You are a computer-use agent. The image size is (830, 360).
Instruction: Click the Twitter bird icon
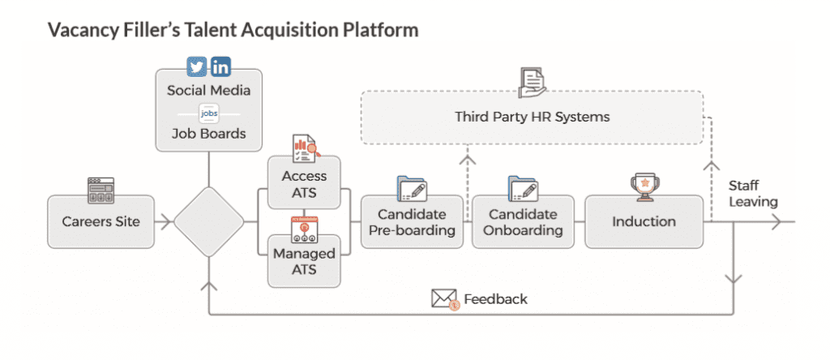pyautogui.click(x=197, y=66)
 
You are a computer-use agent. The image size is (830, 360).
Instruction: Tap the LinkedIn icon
pyautogui.click(x=220, y=66)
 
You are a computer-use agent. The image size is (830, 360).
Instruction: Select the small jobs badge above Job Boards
pyautogui.click(x=208, y=114)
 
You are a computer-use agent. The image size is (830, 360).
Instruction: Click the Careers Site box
pyautogui.click(x=101, y=221)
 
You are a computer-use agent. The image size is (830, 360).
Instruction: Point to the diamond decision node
pyautogui.click(x=209, y=222)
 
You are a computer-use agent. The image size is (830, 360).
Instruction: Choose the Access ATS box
pyautogui.click(x=304, y=182)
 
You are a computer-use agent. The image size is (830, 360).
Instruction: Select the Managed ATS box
pyautogui.click(x=304, y=261)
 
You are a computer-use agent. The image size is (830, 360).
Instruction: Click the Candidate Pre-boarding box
pyautogui.click(x=412, y=222)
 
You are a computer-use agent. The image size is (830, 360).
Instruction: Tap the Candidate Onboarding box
pyautogui.click(x=523, y=222)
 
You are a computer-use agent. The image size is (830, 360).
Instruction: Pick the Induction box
pyautogui.click(x=644, y=221)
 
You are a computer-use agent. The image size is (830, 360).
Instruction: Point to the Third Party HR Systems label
pyautogui.click(x=532, y=117)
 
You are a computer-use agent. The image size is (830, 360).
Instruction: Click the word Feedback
pyautogui.click(x=495, y=299)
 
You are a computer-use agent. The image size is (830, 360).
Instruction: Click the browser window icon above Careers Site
pyautogui.click(x=101, y=191)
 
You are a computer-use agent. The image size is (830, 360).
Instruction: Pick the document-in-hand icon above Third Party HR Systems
pyautogui.click(x=532, y=84)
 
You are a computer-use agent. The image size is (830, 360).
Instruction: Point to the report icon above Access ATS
pyautogui.click(x=304, y=150)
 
